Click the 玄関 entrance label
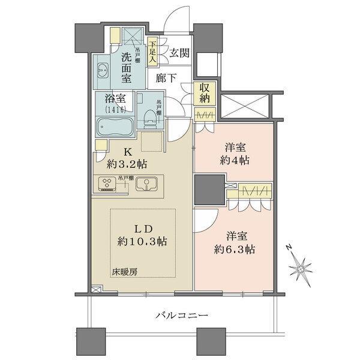pos(179,52)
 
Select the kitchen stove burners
pos(108,185)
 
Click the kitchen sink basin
pos(146,184)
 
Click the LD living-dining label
pos(142,229)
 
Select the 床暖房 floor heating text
pos(125,272)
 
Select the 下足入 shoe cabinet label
pos(152,52)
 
